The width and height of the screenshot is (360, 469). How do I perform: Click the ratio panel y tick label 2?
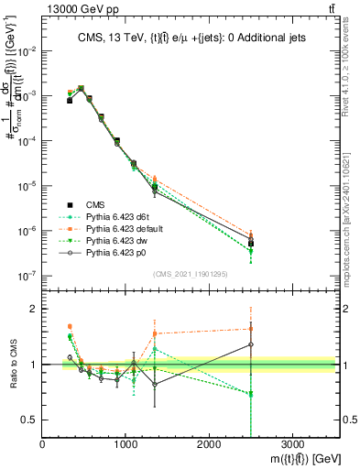pyautogui.click(x=33, y=310)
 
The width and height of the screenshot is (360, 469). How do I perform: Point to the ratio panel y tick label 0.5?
pyautogui.click(x=29, y=420)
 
